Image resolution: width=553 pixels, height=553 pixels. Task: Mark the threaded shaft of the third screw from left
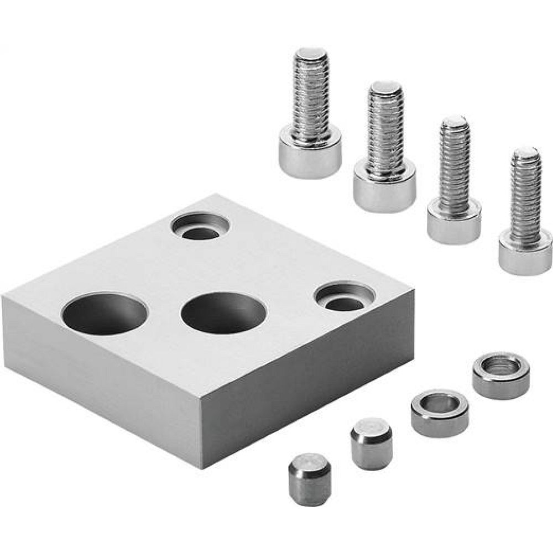tap(455, 166)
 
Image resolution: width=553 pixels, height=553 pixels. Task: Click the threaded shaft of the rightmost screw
tap(525, 199)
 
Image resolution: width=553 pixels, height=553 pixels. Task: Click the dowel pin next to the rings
tap(371, 443)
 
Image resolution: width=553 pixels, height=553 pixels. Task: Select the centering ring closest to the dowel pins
tap(439, 413)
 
